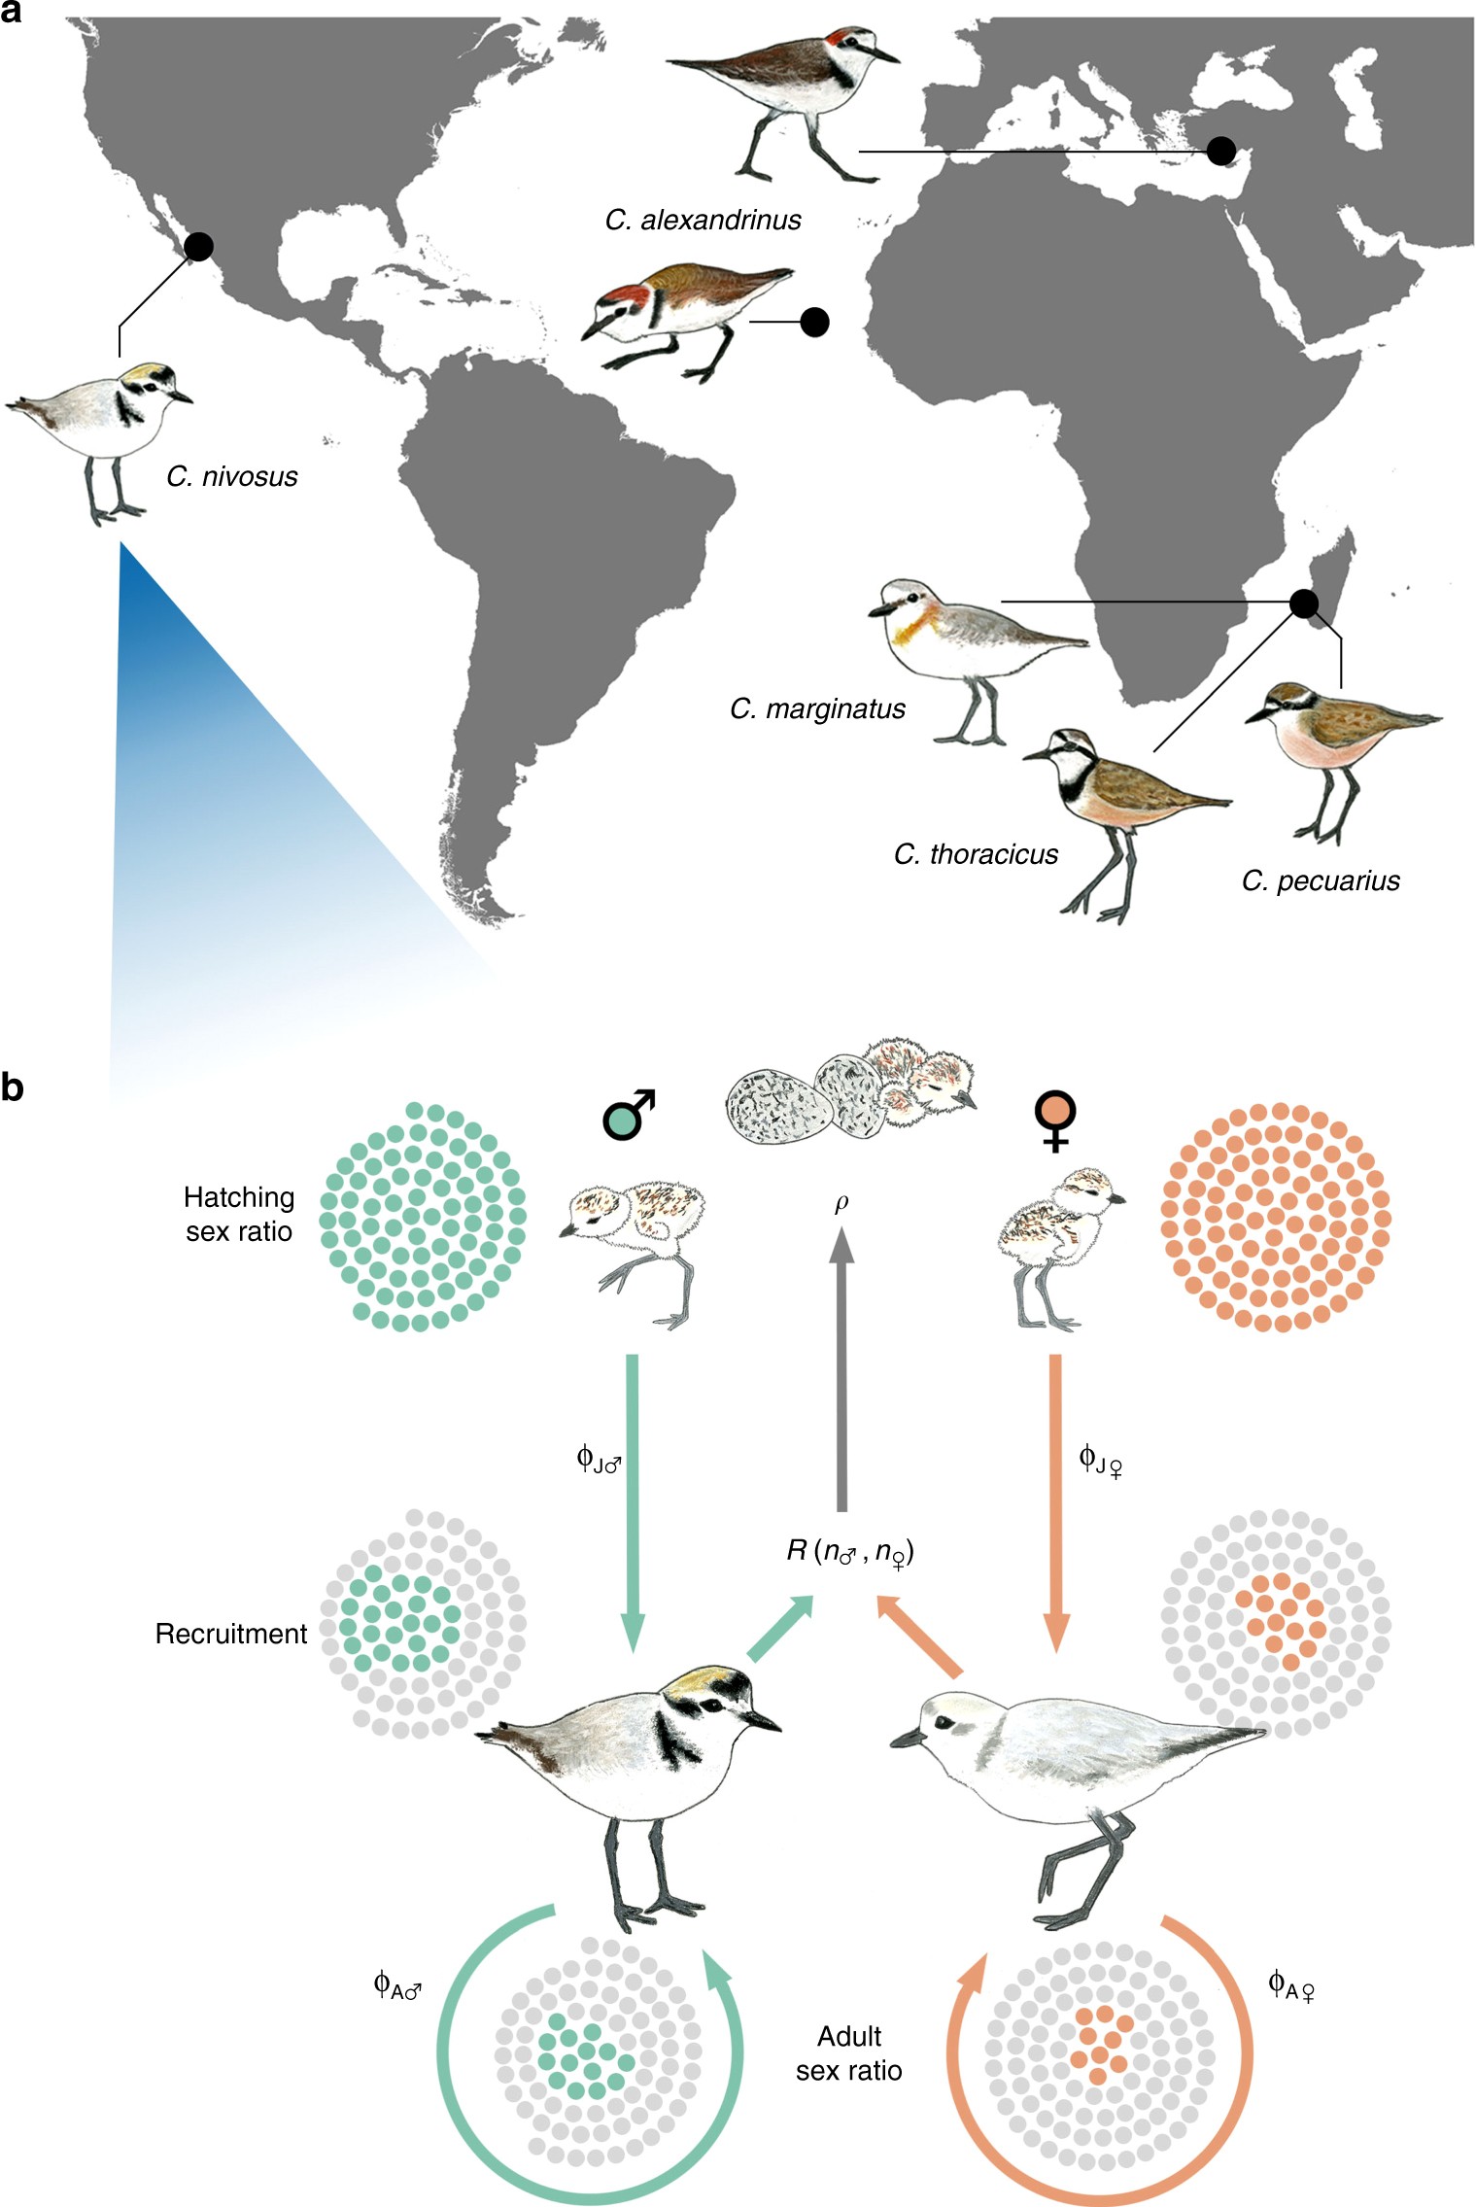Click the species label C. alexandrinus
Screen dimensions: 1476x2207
[x=703, y=221]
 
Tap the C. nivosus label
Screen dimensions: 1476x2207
[x=231, y=476]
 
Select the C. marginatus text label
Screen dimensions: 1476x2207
[x=817, y=709]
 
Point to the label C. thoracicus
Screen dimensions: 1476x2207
[x=976, y=855]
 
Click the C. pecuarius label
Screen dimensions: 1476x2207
[x=1321, y=881]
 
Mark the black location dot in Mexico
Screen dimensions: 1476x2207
[x=198, y=247]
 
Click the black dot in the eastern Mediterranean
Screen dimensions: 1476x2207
[x=1220, y=151]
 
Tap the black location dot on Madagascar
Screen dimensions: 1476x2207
[x=1304, y=603]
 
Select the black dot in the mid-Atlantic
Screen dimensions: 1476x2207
[x=814, y=322]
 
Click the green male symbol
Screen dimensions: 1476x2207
[x=627, y=1114]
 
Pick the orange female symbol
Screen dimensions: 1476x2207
[x=1055, y=1119]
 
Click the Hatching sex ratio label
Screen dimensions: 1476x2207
[x=239, y=1214]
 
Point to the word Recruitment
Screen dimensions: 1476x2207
[x=231, y=1634]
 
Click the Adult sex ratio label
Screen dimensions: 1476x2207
[x=849, y=2053]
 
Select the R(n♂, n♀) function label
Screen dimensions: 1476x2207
[x=850, y=1551]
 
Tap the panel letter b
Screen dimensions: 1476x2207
[x=13, y=1087]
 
